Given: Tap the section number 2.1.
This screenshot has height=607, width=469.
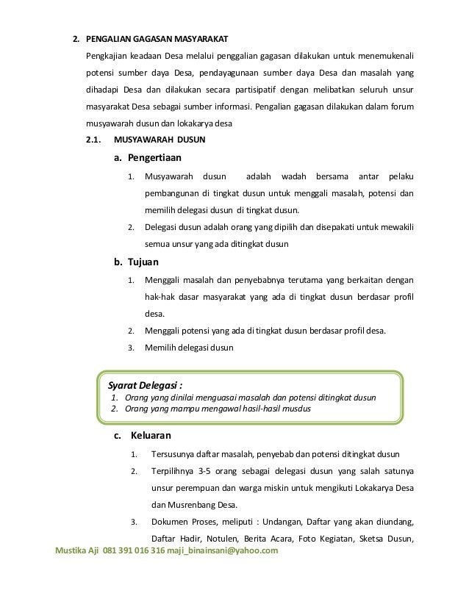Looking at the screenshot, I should coord(95,138).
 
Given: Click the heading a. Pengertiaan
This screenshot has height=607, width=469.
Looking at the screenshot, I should coord(147,157).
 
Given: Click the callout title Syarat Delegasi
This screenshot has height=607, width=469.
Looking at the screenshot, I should coord(146,384).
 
